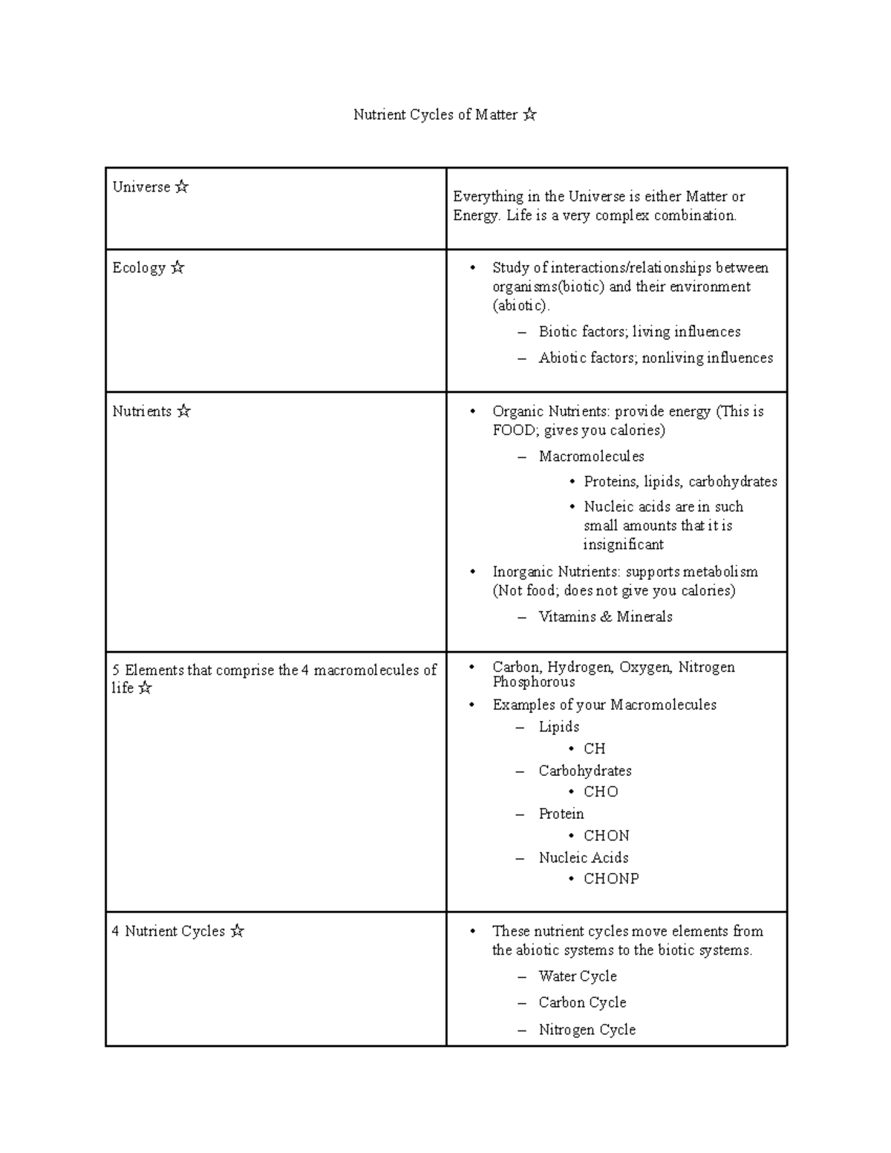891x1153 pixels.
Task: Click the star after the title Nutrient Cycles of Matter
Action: (x=529, y=114)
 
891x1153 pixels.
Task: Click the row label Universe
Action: (x=141, y=187)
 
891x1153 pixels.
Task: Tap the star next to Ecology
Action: (x=177, y=268)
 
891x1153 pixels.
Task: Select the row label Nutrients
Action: (x=142, y=411)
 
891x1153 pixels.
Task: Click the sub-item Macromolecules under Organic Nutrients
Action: (x=591, y=457)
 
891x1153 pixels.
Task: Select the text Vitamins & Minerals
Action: (x=605, y=617)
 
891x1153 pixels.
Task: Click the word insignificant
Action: (x=623, y=545)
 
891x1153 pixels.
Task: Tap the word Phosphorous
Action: (x=533, y=682)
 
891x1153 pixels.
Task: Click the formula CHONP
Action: (x=611, y=879)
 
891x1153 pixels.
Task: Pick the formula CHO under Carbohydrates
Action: (x=601, y=792)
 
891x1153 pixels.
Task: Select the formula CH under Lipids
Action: (x=594, y=749)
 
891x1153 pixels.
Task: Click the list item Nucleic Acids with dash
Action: (x=583, y=858)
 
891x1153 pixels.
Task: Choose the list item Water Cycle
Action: (x=577, y=976)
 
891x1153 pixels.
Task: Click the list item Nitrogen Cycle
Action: (x=587, y=1030)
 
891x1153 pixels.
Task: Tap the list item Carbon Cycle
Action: (x=582, y=1003)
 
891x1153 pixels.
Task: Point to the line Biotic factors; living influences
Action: (x=639, y=332)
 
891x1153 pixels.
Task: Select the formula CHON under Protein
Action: (x=606, y=836)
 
